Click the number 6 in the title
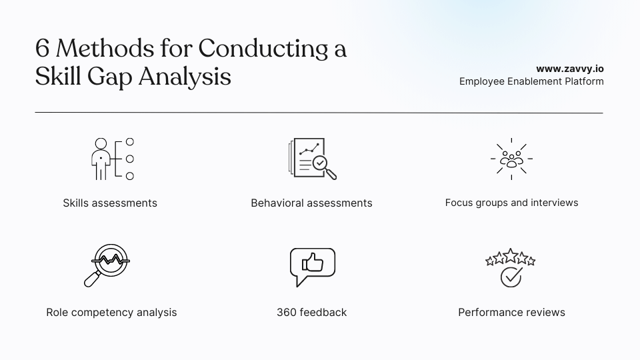pyautogui.click(x=43, y=49)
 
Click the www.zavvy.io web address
pyautogui.click(x=570, y=68)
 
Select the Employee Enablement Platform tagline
pyautogui.click(x=531, y=81)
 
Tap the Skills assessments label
pyautogui.click(x=110, y=203)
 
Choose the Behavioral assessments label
pyautogui.click(x=311, y=203)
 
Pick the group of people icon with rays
pyautogui.click(x=511, y=159)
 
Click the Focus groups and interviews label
pyautogui.click(x=511, y=202)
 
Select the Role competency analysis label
pyautogui.click(x=111, y=312)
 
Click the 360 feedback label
pyautogui.click(x=311, y=312)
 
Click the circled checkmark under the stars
pyautogui.click(x=511, y=277)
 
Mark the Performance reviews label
pyautogui.click(x=511, y=312)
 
